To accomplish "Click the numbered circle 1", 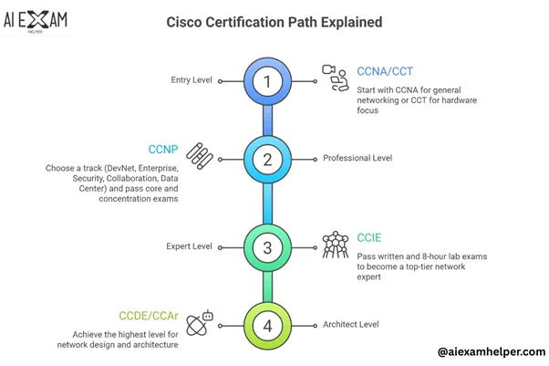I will tap(267, 80).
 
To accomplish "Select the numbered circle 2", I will tap(267, 158).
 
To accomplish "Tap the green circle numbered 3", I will tap(267, 246).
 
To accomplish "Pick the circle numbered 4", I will tap(267, 324).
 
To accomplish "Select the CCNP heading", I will tap(163, 149).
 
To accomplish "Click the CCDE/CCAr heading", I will tap(149, 316).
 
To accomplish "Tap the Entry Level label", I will tap(192, 80).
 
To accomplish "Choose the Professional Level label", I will tap(357, 158).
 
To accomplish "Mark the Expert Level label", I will tap(190, 246).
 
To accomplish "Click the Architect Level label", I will tap(353, 324).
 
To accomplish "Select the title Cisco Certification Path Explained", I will tap(274, 21).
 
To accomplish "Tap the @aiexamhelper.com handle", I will tap(491, 351).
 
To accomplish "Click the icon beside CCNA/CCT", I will tap(336, 79).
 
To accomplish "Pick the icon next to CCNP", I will tap(200, 157).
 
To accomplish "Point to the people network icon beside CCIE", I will tap(336, 246).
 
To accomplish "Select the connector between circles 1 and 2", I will tap(267, 119).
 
